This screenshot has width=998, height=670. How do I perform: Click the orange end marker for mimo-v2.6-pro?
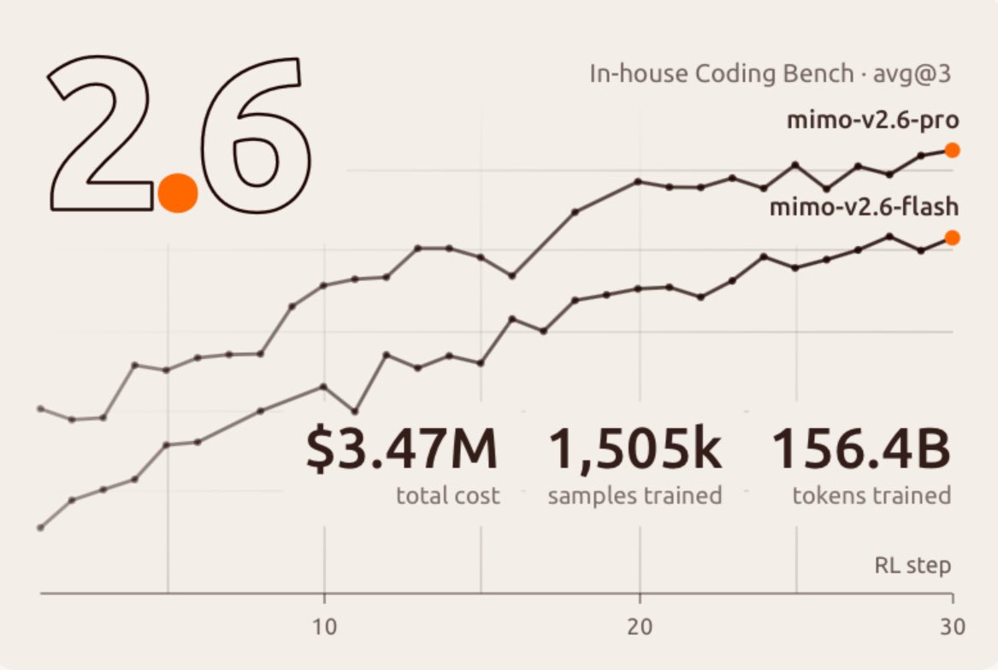pyautogui.click(x=952, y=150)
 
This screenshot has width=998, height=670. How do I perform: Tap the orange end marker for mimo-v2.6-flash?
pyautogui.click(x=952, y=238)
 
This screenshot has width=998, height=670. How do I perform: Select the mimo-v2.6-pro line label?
pyautogui.click(x=872, y=120)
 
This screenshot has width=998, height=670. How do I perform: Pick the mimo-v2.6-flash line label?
pyautogui.click(x=865, y=207)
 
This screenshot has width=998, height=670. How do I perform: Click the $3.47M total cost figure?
pyautogui.click(x=402, y=449)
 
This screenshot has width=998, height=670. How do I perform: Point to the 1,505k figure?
pyautogui.click(x=635, y=450)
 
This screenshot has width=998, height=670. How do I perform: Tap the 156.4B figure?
pyautogui.click(x=861, y=449)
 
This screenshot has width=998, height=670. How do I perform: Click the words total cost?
pyautogui.click(x=447, y=496)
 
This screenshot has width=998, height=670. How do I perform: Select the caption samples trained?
pyautogui.click(x=635, y=496)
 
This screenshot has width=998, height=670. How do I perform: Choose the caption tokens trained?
pyautogui.click(x=871, y=496)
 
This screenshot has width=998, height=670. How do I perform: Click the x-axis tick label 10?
pyautogui.click(x=325, y=626)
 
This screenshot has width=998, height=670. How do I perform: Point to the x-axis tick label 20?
pyautogui.click(x=640, y=626)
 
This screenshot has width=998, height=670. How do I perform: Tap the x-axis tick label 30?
pyautogui.click(x=953, y=626)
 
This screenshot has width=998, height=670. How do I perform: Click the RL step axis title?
pyautogui.click(x=912, y=565)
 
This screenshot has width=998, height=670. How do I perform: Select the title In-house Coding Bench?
pyautogui.click(x=721, y=73)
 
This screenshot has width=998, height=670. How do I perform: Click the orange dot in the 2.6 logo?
pyautogui.click(x=178, y=192)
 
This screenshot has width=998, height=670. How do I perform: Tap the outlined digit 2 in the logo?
pyautogui.click(x=101, y=133)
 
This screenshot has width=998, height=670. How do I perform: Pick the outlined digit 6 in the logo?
pyautogui.click(x=256, y=136)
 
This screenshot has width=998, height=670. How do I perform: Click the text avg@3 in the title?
pyautogui.click(x=912, y=74)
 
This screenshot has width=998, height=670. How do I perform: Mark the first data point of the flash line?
pyautogui.click(x=41, y=527)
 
